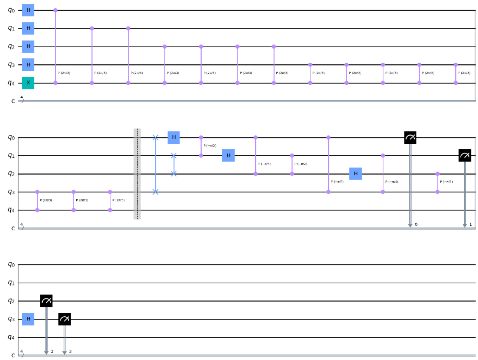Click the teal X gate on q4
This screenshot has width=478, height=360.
(28, 83)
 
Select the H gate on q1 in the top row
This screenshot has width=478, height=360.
(28, 28)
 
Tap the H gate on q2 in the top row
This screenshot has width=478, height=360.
(28, 46)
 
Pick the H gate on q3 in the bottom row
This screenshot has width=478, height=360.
(28, 319)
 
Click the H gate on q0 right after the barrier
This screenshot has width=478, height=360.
(174, 137)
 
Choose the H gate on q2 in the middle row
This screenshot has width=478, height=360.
(355, 174)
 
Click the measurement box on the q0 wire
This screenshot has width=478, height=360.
(410, 138)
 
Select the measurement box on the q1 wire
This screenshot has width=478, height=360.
(464, 156)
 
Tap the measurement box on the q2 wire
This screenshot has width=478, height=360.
(46, 301)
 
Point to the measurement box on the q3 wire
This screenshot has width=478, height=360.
(64, 319)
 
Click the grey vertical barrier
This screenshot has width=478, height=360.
(137, 174)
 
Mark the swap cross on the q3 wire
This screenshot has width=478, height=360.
(156, 192)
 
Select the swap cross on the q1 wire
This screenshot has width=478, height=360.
(174, 156)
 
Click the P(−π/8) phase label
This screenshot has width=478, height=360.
(337, 184)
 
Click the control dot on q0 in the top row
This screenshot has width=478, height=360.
(56, 10)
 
